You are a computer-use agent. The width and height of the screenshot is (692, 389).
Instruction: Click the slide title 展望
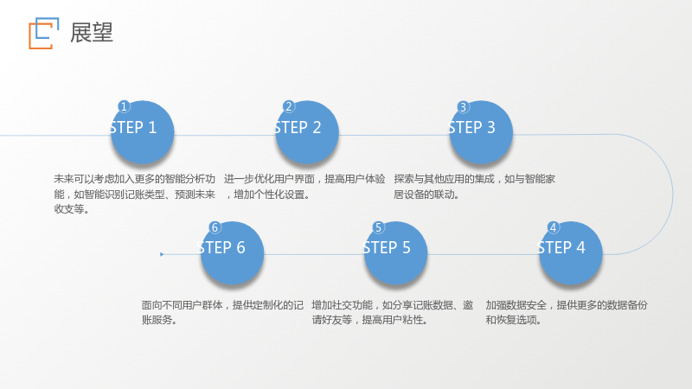click(92, 33)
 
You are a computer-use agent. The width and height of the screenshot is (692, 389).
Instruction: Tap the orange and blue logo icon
click(44, 34)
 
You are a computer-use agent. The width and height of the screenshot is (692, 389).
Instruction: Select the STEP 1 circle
click(142, 132)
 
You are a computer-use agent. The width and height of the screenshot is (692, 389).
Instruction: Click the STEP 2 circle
click(307, 132)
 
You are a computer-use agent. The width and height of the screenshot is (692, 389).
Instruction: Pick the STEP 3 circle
click(481, 132)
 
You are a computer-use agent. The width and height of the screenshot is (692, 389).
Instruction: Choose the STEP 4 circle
click(570, 253)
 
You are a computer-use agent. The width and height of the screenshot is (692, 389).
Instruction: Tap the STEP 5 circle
click(395, 253)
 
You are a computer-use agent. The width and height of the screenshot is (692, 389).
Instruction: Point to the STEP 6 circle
click(232, 253)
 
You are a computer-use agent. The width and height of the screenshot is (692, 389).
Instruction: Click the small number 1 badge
click(124, 106)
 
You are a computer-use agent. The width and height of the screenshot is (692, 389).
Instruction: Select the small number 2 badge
click(289, 106)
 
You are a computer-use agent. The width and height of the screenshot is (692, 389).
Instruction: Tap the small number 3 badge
click(463, 106)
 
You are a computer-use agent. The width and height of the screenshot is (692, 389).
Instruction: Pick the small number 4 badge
click(553, 227)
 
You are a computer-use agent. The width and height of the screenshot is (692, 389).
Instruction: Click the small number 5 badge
click(378, 227)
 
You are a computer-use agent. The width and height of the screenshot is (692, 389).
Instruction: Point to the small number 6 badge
click(215, 227)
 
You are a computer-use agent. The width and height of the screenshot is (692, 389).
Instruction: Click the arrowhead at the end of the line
click(162, 254)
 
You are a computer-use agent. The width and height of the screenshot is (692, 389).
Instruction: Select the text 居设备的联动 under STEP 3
click(423, 194)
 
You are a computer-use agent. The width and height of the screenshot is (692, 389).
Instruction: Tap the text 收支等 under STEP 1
click(69, 209)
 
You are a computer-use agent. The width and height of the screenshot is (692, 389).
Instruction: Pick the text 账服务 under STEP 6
click(157, 320)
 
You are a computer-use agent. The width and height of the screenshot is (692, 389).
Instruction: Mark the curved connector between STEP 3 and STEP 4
click(673, 194)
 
